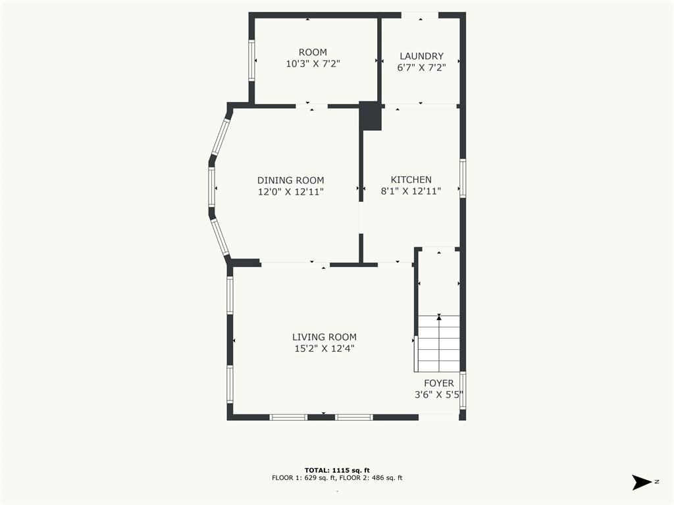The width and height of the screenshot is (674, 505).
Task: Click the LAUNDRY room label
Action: pos(421,56)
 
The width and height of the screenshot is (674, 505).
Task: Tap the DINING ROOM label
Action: pos(290,180)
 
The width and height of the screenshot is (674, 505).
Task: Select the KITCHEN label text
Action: pos(411,180)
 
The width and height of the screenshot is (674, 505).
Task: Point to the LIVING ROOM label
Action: pos(324,337)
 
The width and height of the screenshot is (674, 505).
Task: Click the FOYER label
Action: pos(439,383)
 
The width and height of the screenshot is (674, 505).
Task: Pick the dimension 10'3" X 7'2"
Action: pos(313,64)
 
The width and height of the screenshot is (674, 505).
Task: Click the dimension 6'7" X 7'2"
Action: pos(421,68)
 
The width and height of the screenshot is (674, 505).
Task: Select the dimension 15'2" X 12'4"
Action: pos(324,349)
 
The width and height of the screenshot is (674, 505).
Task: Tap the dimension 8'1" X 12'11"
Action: pos(411,191)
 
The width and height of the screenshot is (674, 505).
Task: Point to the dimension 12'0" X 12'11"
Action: pos(290,191)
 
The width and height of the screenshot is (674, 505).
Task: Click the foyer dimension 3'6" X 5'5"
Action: pos(439,395)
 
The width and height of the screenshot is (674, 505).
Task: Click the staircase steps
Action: pos(438,343)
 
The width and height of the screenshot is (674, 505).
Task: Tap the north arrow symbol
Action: pos(642,482)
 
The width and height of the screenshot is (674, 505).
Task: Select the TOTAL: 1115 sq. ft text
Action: pos(337,470)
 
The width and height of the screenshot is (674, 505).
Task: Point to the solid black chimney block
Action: pos(370,116)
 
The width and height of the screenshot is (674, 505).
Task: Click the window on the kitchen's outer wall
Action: pos(463,178)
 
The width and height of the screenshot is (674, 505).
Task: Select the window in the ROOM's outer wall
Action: pos(252,60)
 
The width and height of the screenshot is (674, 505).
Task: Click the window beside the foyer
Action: pos(463,391)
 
